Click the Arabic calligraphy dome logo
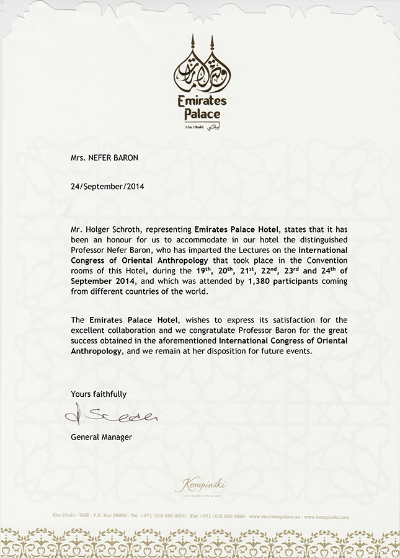pos(200,70)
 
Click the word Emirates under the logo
pos(201,101)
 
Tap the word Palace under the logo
pos(201,115)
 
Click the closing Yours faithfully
pos(99,394)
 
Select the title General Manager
pos(101,437)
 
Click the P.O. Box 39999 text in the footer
pos(115,516)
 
